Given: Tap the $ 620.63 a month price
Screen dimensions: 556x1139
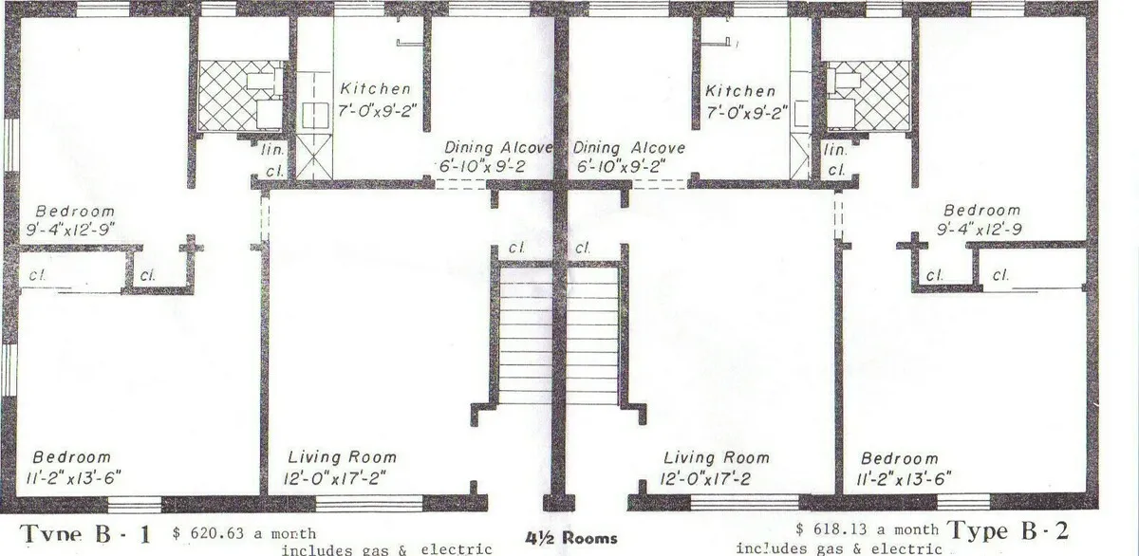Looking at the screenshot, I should tap(245, 533).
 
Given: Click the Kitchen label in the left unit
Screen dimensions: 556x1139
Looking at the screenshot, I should tap(376, 89).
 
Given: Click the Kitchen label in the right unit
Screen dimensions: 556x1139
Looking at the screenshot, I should tap(740, 92).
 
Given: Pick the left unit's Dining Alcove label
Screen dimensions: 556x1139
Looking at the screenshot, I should tap(499, 148).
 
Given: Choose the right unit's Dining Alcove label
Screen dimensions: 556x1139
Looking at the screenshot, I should tap(628, 148).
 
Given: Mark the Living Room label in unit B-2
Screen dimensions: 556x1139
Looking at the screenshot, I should tap(716, 458).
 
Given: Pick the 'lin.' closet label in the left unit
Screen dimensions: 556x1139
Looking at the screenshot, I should tap(271, 149).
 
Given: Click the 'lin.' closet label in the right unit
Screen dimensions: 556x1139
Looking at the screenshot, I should tap(836, 151).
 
